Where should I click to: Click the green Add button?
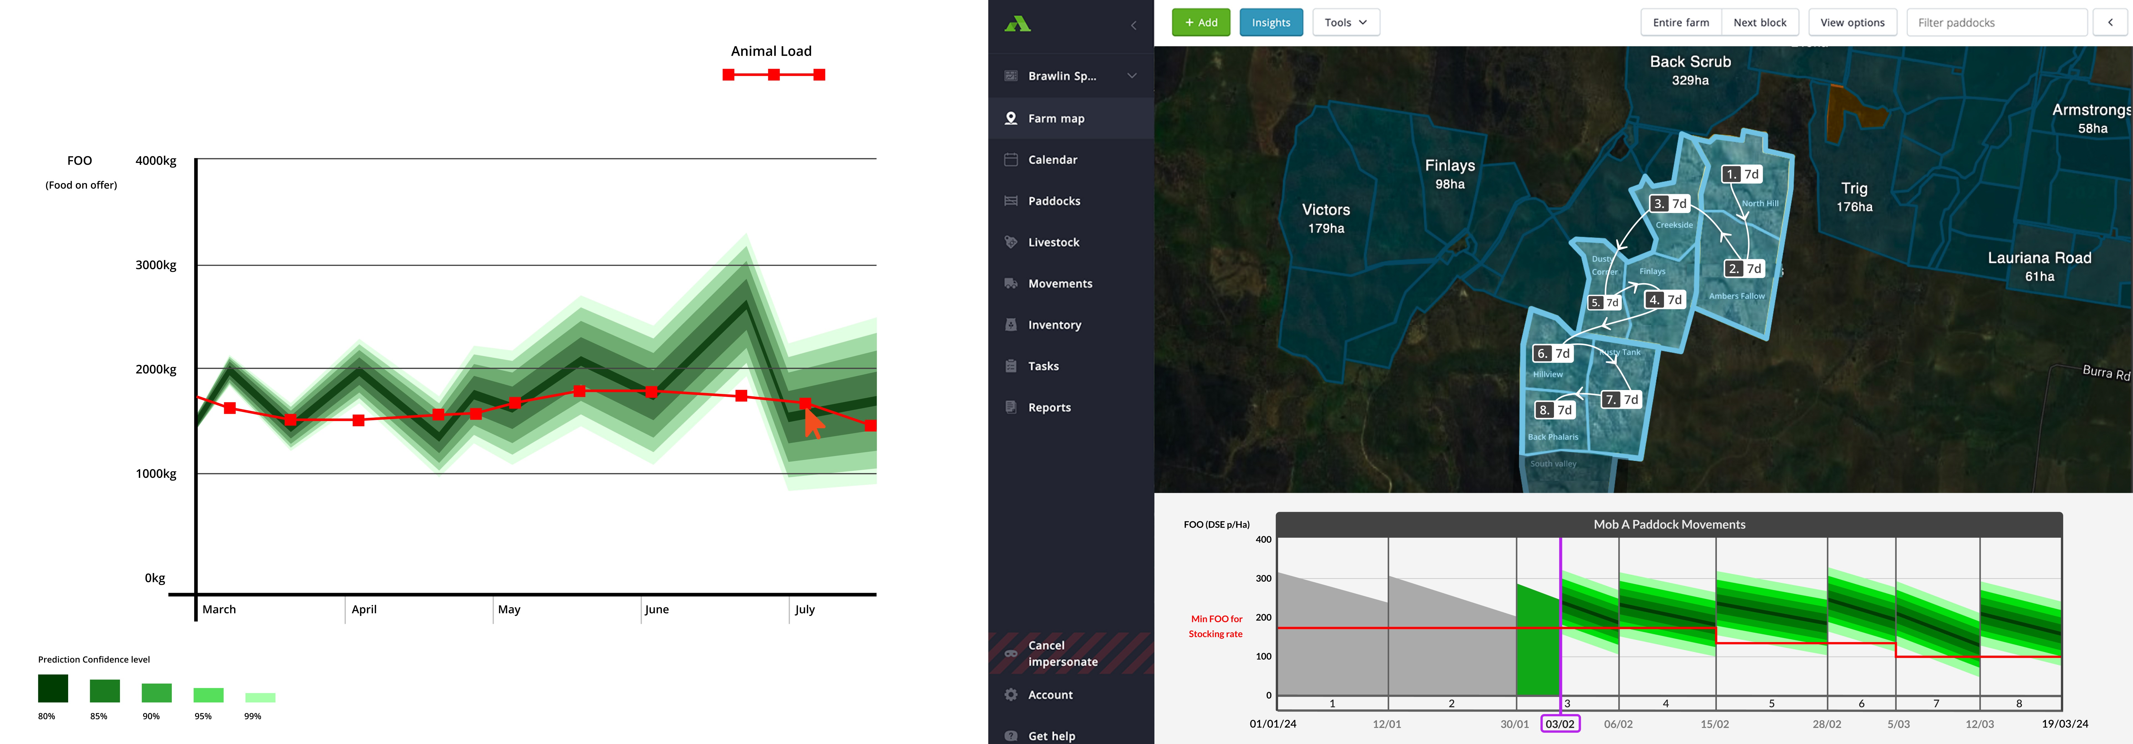pyautogui.click(x=1201, y=22)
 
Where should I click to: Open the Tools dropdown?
pyautogui.click(x=1346, y=22)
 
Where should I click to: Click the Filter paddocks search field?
pyautogui.click(x=1996, y=22)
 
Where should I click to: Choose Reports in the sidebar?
pyautogui.click(x=1049, y=407)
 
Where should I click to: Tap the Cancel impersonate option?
pyautogui.click(x=1062, y=653)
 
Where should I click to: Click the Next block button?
pyautogui.click(x=1760, y=22)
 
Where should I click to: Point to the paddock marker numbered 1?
pyautogui.click(x=1741, y=174)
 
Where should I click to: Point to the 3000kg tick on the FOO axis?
pyautogui.click(x=156, y=265)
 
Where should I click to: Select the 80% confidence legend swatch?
pyautogui.click(x=53, y=689)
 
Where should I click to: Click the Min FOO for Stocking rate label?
pyautogui.click(x=1215, y=626)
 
